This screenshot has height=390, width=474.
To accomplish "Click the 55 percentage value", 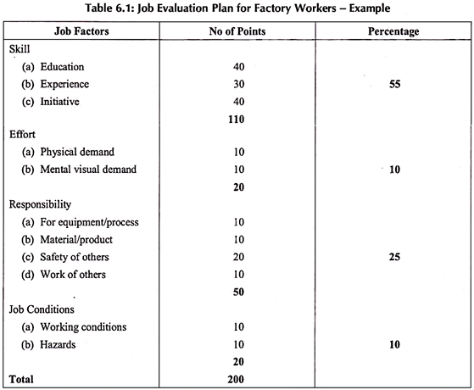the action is pyautogui.click(x=393, y=84).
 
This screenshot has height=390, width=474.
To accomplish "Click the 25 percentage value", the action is pyautogui.click(x=393, y=257).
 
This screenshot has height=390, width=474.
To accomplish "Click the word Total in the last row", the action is pyautogui.click(x=20, y=378).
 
